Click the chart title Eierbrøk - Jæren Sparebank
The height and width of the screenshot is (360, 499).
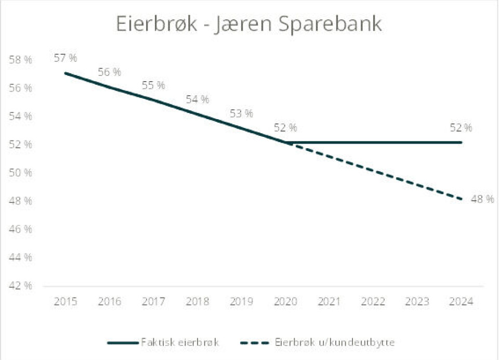248,25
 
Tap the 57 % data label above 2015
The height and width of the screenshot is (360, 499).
65,57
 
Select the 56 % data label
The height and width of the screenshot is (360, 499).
109,72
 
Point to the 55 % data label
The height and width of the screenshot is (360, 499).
153,85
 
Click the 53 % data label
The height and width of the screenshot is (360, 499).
241,113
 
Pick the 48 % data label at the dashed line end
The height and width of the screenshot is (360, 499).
482,199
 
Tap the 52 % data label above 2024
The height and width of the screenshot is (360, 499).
461,127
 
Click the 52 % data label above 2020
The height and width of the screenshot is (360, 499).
285,127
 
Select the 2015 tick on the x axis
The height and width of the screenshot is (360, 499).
65,302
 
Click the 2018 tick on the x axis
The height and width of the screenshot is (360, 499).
198,302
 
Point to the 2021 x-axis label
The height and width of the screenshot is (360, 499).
329,302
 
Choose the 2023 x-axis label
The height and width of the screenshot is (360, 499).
417,302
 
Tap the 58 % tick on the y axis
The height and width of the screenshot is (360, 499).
21,60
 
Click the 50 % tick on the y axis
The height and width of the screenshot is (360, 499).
21,173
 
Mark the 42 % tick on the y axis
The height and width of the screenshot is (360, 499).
21,286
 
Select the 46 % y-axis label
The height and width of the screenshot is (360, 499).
21,229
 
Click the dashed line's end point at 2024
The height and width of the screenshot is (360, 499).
461,199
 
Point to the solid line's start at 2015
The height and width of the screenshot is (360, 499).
65,73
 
